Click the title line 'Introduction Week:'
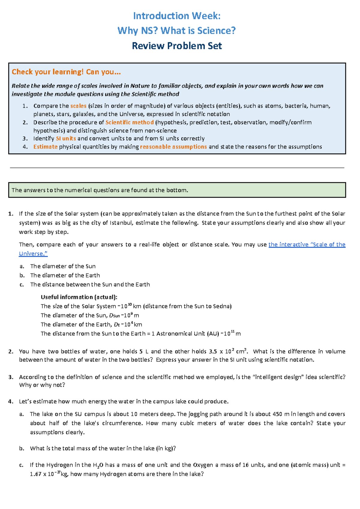[177, 16]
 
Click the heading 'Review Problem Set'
[177, 46]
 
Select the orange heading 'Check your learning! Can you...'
[66, 72]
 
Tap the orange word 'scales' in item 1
[78, 106]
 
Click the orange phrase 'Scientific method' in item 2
[130, 122]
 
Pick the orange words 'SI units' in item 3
[66, 139]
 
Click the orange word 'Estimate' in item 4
[45, 147]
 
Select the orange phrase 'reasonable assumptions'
[173, 147]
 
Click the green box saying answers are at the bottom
[177, 190]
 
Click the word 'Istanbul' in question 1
[121, 223]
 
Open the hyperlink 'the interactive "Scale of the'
[307, 244]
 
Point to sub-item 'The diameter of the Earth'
[65, 275]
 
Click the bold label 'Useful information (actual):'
[79, 297]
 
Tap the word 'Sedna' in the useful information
[222, 306]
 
